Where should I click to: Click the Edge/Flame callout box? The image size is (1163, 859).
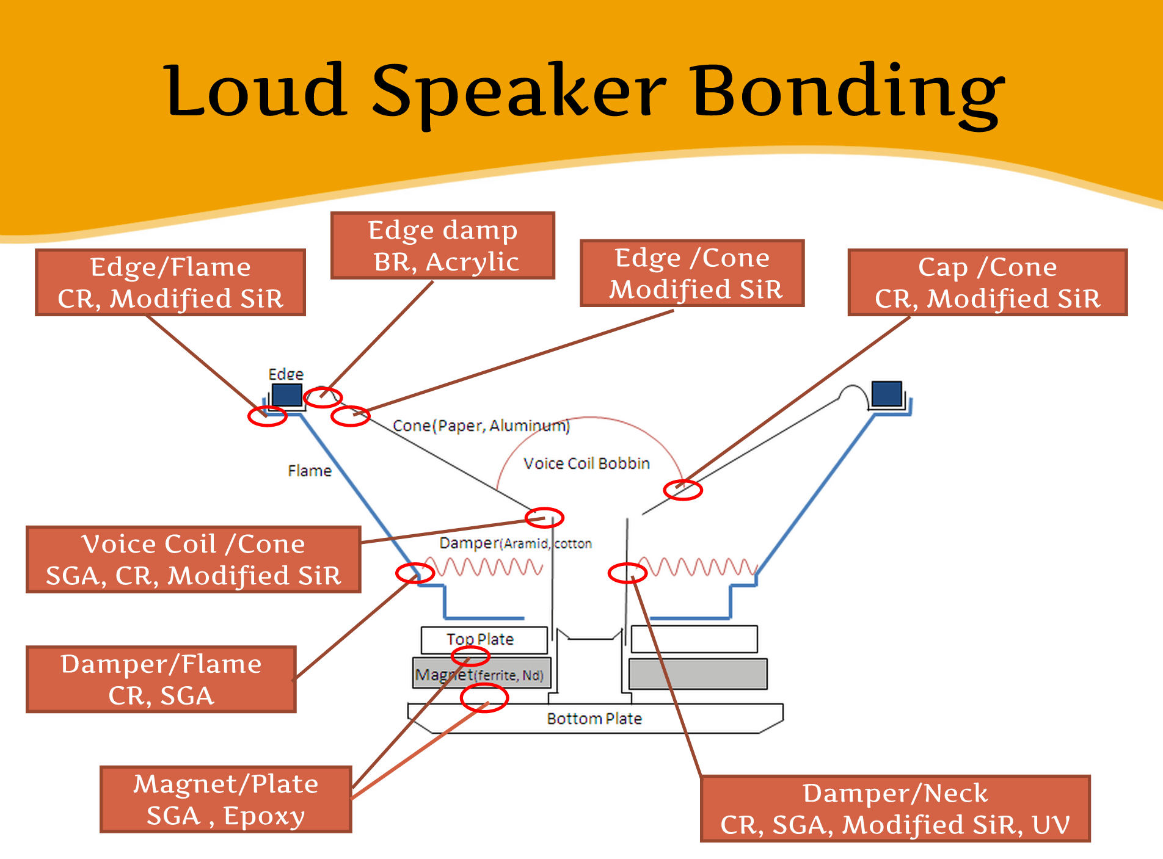coord(170,282)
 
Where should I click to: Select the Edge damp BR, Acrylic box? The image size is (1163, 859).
coord(443,245)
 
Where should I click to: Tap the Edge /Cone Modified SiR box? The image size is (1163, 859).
coord(692,273)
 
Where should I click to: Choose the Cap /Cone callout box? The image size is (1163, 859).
coord(988,282)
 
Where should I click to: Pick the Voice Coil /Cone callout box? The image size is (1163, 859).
coord(194,559)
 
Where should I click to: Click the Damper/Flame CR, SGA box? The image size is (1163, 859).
coord(161,679)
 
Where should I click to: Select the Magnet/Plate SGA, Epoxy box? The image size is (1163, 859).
coord(226,799)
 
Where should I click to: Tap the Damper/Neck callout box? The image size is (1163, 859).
coord(895,808)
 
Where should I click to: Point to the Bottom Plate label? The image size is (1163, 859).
coord(594,719)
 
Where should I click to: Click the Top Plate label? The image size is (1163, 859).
coord(480,640)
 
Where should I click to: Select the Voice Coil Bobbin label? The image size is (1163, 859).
coord(586,463)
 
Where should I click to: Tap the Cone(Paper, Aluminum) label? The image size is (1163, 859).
coord(481,426)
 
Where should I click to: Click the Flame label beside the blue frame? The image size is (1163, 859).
coord(310,471)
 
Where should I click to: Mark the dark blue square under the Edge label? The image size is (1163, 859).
coord(287,394)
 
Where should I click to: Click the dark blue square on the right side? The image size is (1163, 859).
coord(887,393)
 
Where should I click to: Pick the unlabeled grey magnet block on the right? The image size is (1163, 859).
coord(698,673)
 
